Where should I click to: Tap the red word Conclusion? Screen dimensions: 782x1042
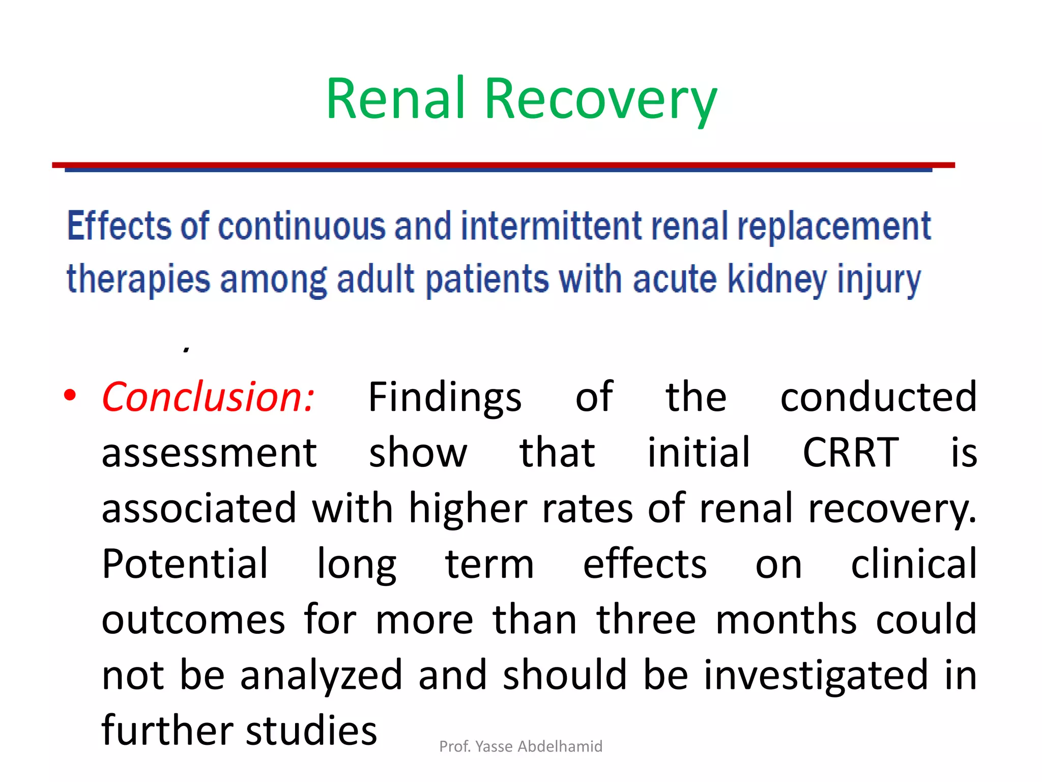(x=208, y=397)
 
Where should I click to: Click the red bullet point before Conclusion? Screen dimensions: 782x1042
(x=70, y=396)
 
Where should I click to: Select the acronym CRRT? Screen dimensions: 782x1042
(x=851, y=452)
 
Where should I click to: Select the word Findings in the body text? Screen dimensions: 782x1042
(x=445, y=397)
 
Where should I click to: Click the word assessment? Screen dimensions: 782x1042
(x=209, y=452)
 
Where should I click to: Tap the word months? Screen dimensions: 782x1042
(x=787, y=619)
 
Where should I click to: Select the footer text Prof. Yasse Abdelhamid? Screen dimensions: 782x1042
(x=520, y=746)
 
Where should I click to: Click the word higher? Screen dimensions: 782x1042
(x=468, y=508)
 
